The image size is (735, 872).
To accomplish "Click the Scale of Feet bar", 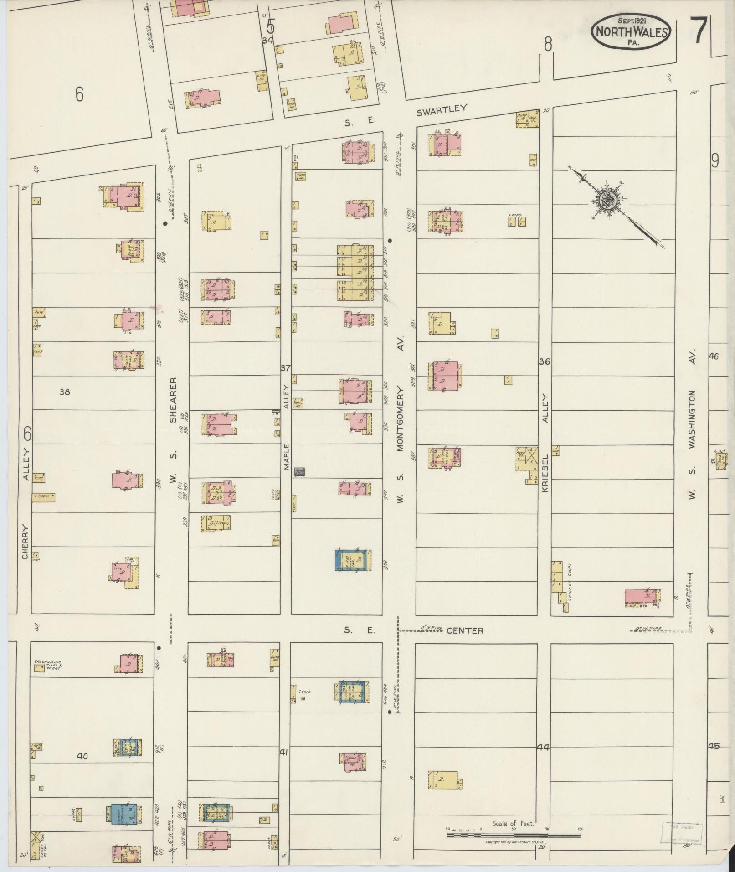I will tap(514, 835).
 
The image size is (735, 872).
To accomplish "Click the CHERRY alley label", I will tap(25, 542).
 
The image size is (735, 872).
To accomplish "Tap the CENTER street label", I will tap(465, 630).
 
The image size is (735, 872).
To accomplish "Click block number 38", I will tap(64, 392).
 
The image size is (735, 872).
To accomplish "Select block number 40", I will tap(82, 756).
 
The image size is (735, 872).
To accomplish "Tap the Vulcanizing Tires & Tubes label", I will tap(48, 665).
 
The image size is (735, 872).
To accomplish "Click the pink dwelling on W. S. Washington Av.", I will tap(642, 598).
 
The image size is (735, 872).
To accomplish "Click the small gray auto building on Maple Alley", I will tap(300, 472).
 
